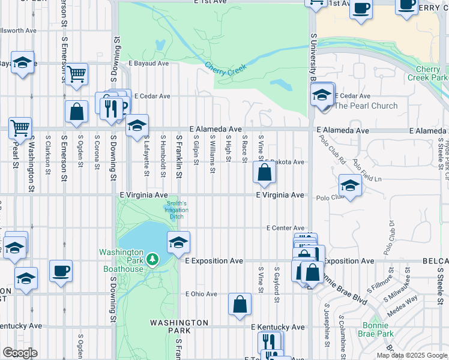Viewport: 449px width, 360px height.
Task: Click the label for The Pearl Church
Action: [x=366, y=106]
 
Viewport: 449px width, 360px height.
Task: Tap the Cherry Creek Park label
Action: [x=427, y=74]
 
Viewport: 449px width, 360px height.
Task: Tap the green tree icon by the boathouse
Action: [x=153, y=259]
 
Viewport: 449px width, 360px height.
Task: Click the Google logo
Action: [x=20, y=353]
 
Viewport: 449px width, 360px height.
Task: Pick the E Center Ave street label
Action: [x=286, y=228]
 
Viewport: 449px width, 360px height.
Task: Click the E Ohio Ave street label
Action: [x=201, y=294]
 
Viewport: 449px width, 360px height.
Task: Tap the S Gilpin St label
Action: [x=196, y=153]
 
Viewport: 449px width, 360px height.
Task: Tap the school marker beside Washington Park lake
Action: [x=178, y=242]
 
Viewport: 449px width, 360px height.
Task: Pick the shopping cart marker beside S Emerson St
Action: [x=77, y=74]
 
